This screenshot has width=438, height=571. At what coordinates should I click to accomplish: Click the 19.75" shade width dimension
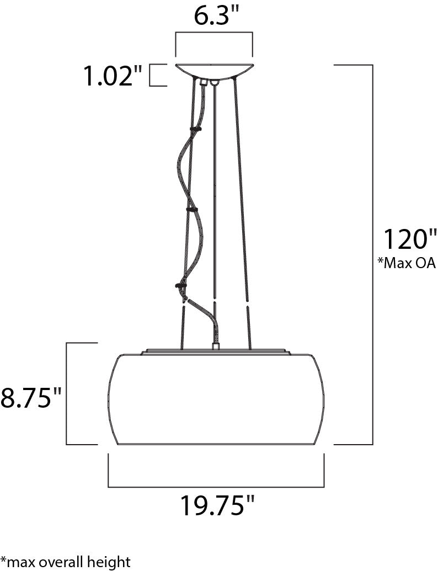tap(217, 505)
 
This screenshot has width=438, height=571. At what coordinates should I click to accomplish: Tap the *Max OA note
tap(407, 263)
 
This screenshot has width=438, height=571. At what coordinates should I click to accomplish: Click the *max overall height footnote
tap(65, 562)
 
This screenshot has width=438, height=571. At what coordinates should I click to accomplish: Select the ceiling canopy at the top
tap(214, 71)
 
